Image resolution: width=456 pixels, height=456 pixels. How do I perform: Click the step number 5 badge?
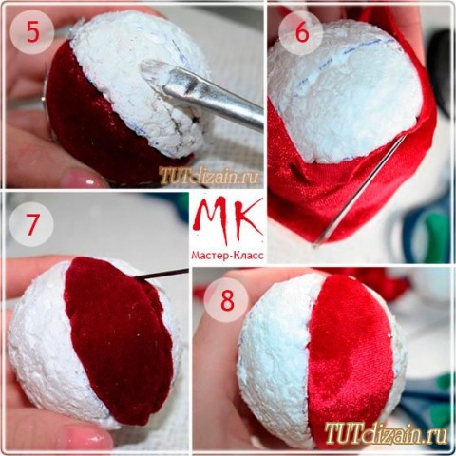tap(31, 32)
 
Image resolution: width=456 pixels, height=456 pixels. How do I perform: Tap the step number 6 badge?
tap(302, 32)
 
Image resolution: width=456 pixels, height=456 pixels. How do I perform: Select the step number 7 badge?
tap(31, 224)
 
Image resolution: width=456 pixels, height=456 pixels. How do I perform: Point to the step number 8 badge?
tap(226, 300)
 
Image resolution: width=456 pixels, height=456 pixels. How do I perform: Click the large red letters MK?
tap(228, 220)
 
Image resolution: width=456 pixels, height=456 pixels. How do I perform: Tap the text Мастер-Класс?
tap(227, 256)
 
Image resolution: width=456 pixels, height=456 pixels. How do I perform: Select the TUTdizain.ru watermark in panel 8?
tap(386, 432)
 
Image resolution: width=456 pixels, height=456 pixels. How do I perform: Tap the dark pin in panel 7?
tap(161, 273)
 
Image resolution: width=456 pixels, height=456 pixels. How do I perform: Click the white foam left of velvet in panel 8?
tap(275, 358)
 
